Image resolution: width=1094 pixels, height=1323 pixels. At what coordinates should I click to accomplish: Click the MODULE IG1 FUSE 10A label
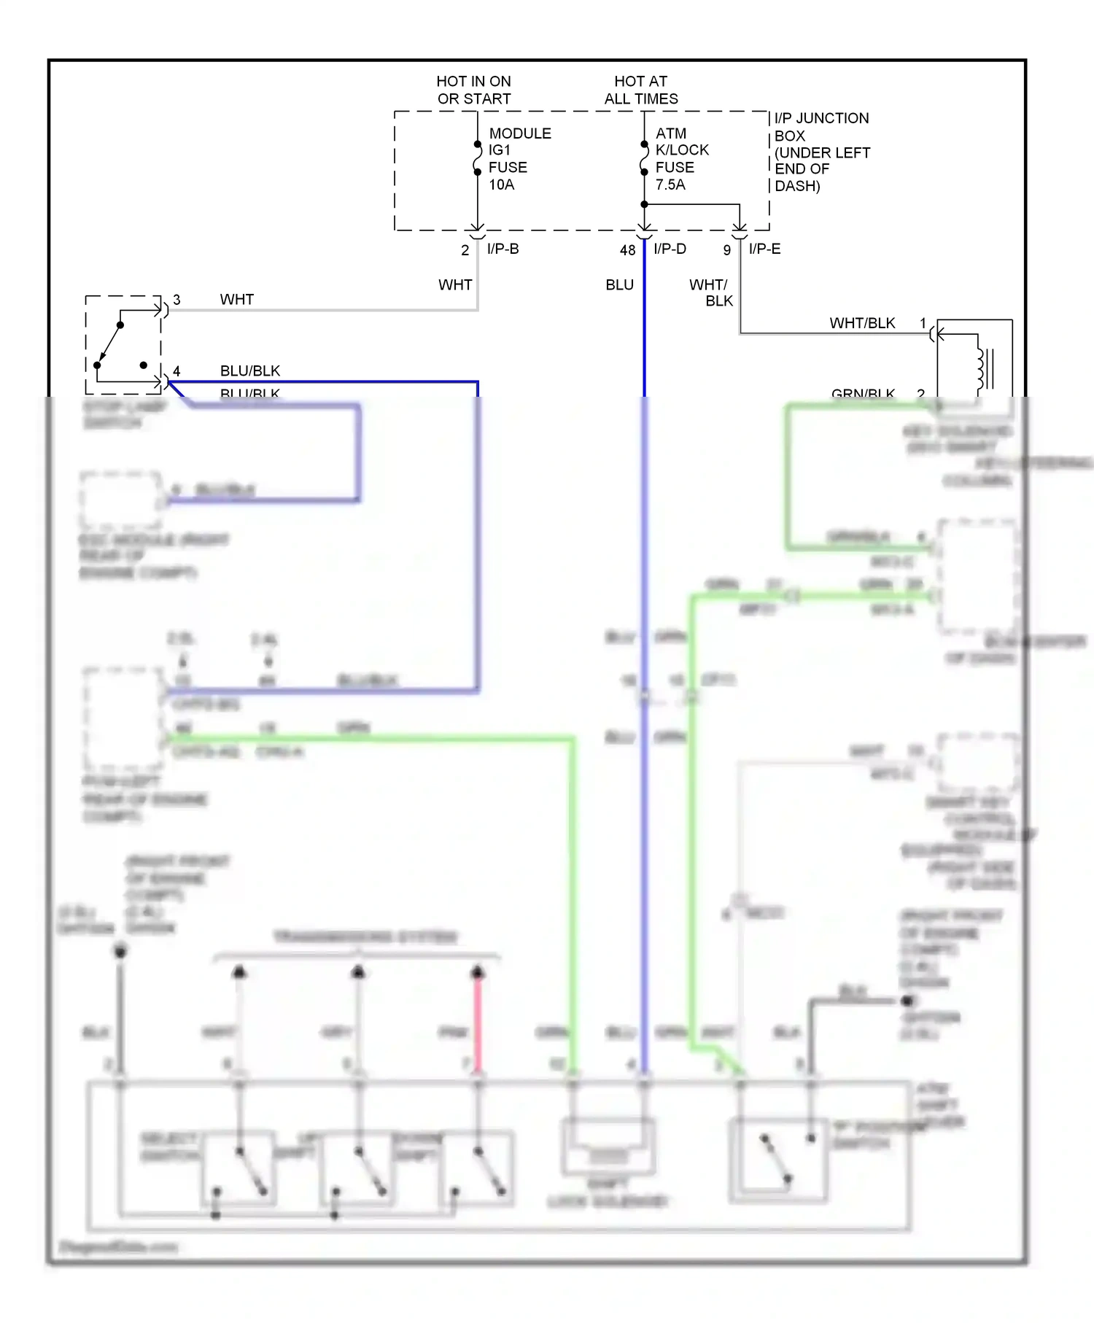pyautogui.click(x=519, y=159)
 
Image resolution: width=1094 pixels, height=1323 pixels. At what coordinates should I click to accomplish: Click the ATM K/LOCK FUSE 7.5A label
pyautogui.click(x=680, y=159)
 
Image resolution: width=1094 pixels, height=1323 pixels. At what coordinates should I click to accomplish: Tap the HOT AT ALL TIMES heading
pyautogui.click(x=640, y=90)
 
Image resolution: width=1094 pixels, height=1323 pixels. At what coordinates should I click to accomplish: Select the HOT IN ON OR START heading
pyautogui.click(x=473, y=90)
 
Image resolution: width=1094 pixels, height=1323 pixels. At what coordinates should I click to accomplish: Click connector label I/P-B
pyautogui.click(x=503, y=249)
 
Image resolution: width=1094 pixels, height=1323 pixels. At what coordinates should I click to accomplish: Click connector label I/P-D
pyautogui.click(x=670, y=249)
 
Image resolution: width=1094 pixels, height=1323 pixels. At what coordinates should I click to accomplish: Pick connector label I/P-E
pyautogui.click(x=764, y=249)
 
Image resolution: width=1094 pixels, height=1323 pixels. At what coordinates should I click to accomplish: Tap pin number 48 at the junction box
pyautogui.click(x=627, y=250)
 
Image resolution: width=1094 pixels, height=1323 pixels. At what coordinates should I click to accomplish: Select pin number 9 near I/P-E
pyautogui.click(x=726, y=250)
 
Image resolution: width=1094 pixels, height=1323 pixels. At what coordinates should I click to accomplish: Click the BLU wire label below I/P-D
pyautogui.click(x=619, y=285)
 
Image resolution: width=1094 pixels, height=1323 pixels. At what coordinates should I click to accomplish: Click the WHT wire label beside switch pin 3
pyautogui.click(x=236, y=300)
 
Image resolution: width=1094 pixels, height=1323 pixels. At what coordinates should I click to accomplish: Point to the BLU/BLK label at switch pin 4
pyautogui.click(x=249, y=370)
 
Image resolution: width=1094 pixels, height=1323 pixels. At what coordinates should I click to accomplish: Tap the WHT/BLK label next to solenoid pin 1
pyautogui.click(x=861, y=323)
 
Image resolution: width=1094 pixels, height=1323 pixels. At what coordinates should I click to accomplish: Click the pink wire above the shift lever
pyautogui.click(x=478, y=1021)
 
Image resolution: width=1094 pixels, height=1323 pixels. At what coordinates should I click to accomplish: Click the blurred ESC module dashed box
pyautogui.click(x=121, y=500)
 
